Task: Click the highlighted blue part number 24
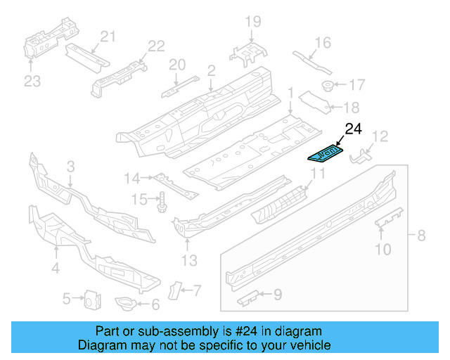point(326,153)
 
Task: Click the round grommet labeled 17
point(327,86)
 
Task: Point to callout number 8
point(421,236)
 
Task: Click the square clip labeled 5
point(90,300)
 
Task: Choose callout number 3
point(70,166)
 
